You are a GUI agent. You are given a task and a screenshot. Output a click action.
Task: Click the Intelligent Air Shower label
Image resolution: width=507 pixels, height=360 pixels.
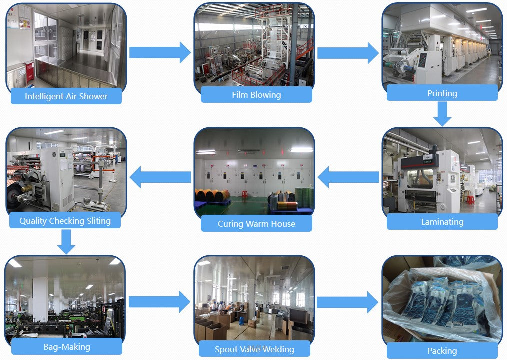pos(66,96)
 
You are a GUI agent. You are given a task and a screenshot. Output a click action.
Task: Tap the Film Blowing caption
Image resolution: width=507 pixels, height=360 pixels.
pos(256,95)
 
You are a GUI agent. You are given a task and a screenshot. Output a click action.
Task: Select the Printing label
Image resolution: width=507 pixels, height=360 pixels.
pos(442,93)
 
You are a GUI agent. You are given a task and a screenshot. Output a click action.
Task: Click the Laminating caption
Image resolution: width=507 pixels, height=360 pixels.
pos(442,222)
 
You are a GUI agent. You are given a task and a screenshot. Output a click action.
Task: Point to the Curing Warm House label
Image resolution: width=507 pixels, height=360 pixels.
pos(256,224)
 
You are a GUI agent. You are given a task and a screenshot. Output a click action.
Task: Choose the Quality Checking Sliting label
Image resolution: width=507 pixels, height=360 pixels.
pos(65,220)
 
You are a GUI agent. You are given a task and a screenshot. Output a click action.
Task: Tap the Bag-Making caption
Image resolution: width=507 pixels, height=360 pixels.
pos(66,346)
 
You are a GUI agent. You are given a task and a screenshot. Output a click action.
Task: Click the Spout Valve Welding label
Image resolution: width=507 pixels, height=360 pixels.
pos(254,349)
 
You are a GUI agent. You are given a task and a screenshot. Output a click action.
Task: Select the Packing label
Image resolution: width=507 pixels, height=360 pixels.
pos(442,351)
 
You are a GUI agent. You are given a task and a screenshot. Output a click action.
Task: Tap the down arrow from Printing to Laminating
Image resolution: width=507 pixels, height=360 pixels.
pos(442,114)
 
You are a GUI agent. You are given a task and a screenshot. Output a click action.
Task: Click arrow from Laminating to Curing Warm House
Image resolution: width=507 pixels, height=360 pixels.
pos(348,177)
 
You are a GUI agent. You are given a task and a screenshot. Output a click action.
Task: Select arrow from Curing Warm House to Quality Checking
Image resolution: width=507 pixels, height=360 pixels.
pos(160,177)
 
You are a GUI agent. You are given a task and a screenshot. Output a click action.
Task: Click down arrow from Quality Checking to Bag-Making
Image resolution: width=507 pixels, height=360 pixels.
pos(66,242)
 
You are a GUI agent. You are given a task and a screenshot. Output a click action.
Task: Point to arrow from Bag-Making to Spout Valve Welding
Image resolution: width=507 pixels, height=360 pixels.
pos(159,302)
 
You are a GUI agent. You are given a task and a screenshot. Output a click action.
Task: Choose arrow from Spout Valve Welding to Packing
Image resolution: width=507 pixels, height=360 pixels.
pos(347,302)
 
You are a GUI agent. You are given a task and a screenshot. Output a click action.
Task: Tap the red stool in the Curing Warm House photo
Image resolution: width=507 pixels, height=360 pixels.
pos(245,194)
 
